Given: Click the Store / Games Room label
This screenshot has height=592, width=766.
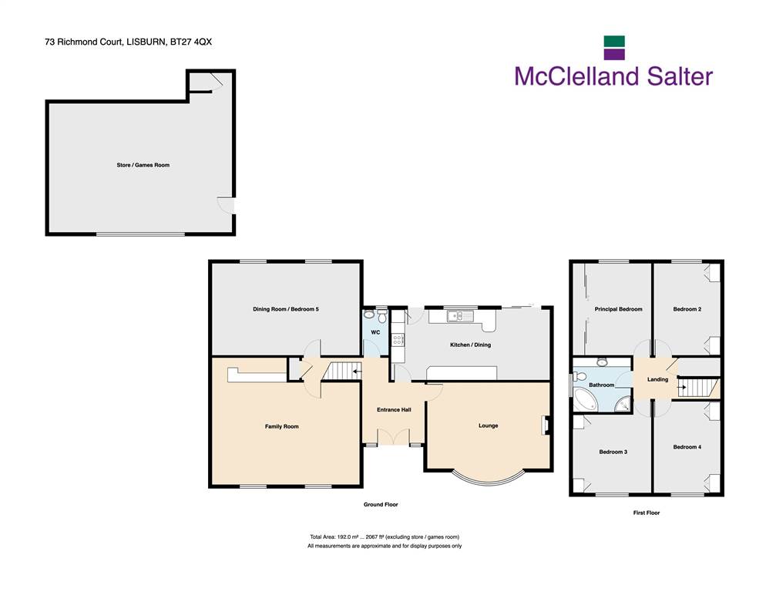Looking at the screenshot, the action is point(143,165).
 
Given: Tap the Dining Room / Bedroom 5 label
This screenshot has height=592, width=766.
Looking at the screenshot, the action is point(286,309).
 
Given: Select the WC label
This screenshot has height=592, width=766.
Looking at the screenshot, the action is point(375,332).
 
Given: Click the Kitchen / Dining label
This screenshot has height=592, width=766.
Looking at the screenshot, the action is point(470,345).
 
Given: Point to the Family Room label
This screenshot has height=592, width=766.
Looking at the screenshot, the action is point(282,426).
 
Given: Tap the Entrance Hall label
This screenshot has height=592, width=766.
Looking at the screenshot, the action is point(394,409).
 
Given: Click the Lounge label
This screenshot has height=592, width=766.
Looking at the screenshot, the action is point(489,425).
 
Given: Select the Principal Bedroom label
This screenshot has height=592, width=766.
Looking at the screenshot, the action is point(619,309).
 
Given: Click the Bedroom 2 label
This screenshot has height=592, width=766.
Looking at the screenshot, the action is point(687,309).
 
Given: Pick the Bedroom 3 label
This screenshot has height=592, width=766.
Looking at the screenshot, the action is point(613,452).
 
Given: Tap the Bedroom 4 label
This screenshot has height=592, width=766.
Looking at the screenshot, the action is point(687,447).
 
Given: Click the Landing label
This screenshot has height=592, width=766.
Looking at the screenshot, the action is point(657,379).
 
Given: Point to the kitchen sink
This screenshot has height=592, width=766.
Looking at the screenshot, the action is point(460,316).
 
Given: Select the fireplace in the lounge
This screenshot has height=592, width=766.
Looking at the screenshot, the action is point(545,425).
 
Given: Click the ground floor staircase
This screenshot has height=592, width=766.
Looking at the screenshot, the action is point(342,371).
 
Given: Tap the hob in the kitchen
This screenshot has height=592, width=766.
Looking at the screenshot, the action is point(398,340).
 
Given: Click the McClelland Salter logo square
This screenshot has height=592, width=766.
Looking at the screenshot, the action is point(614,48).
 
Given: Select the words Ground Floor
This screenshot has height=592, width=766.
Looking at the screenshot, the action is point(381,504).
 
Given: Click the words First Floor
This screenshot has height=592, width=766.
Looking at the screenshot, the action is point(647,513).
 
